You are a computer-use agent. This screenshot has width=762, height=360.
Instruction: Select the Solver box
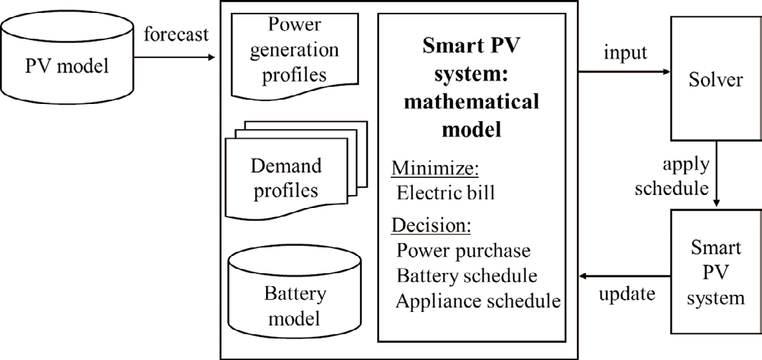tap(715, 79)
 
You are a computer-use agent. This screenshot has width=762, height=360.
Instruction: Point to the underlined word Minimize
tap(434, 169)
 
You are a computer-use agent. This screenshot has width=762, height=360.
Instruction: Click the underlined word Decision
tap(431, 226)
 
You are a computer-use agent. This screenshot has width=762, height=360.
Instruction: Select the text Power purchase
tap(464, 251)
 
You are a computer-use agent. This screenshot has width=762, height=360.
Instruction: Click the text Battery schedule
tap(467, 276)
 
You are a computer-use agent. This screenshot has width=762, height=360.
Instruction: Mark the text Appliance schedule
tap(477, 300)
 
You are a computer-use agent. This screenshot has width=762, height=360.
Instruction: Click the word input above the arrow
tap(625, 54)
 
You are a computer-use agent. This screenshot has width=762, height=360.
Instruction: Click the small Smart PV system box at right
tap(715, 272)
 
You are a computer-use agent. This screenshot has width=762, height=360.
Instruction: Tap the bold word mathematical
tap(470, 101)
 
